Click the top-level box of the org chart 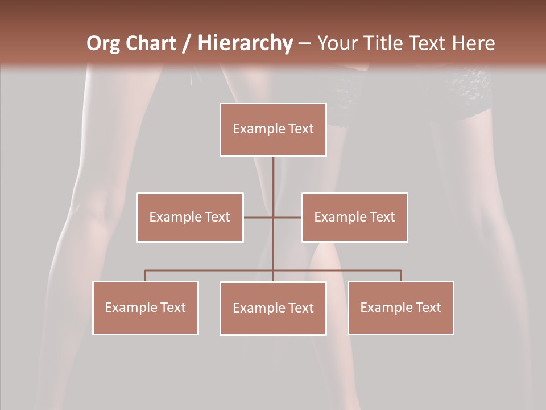(273, 129)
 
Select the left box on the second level (190, 217)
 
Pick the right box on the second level (354, 217)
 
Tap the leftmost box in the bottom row (146, 307)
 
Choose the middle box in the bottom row (273, 308)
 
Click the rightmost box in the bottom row (400, 307)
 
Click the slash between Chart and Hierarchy (187, 43)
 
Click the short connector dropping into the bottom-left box (146, 276)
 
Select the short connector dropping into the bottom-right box (401, 276)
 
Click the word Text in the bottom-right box (428, 307)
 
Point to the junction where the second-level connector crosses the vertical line (273, 217)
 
